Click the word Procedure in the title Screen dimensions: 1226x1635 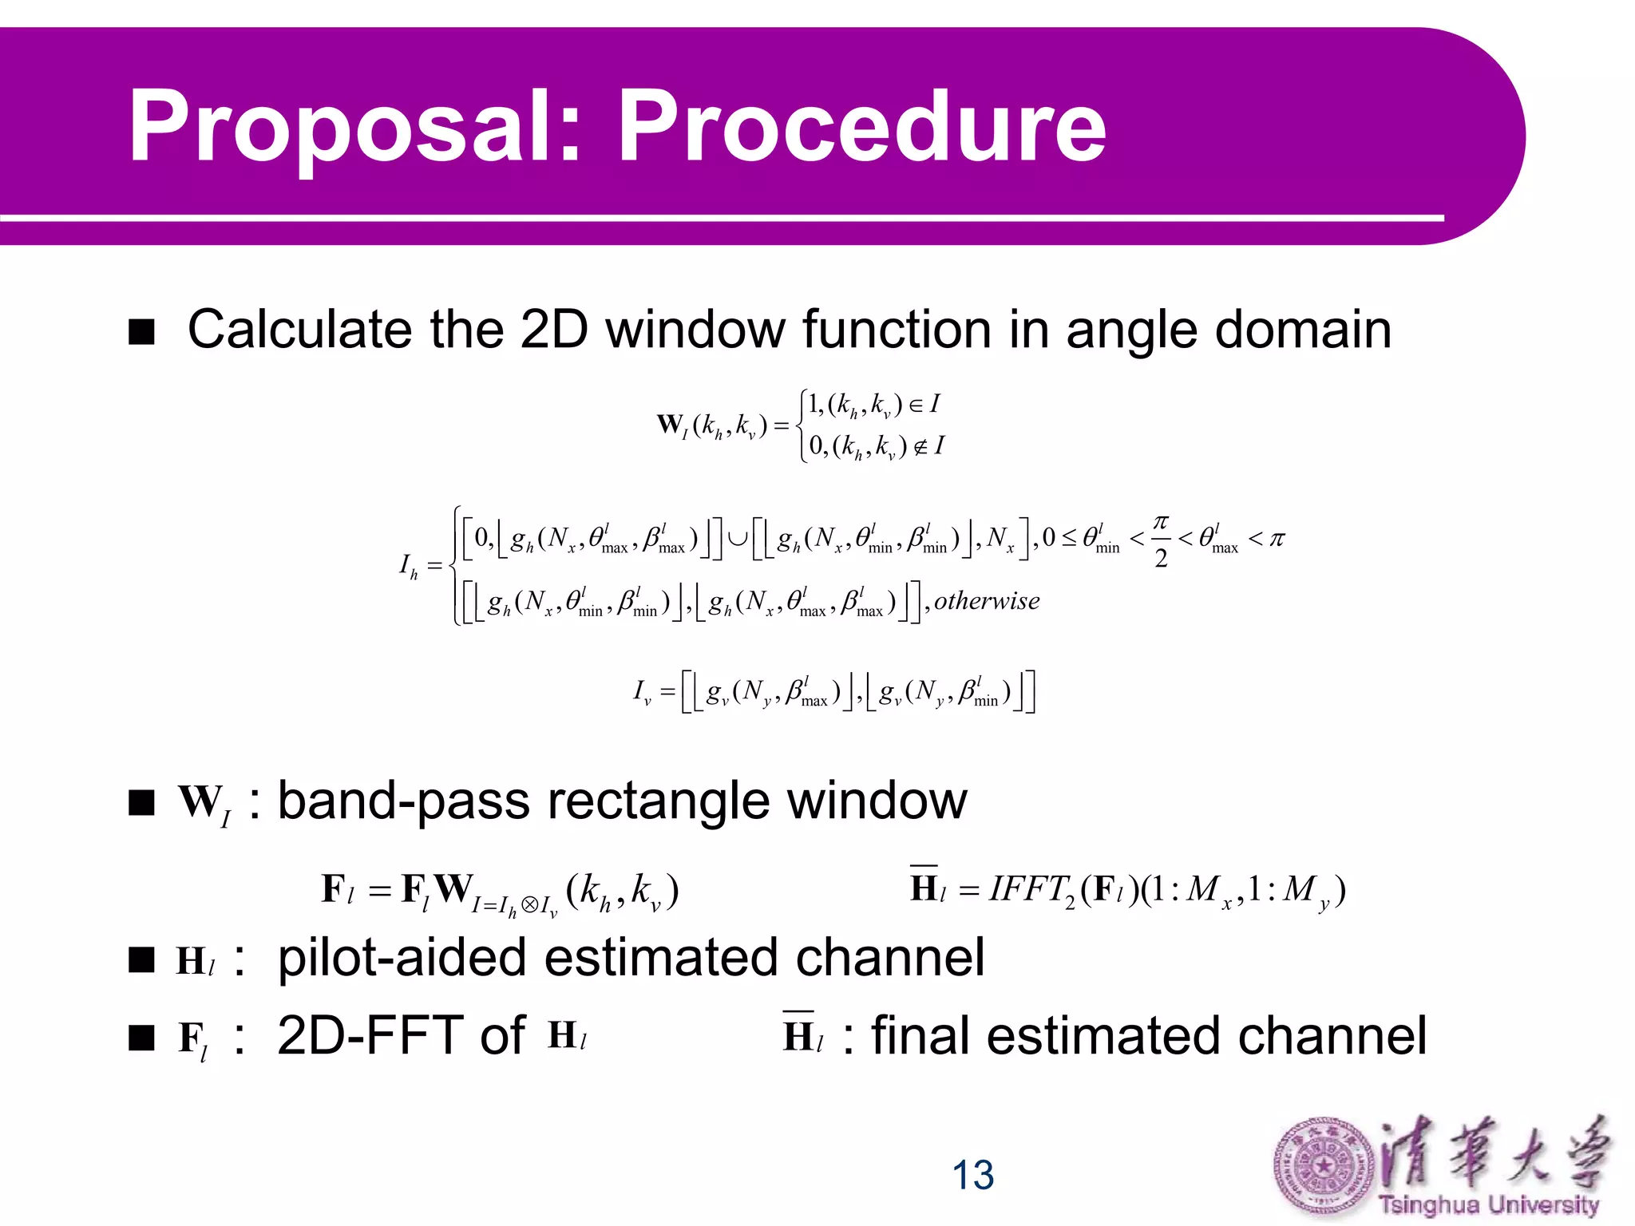click(x=862, y=126)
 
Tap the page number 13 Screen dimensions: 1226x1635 click(x=972, y=1175)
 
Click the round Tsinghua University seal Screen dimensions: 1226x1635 click(x=1324, y=1167)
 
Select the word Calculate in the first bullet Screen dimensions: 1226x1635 click(x=299, y=330)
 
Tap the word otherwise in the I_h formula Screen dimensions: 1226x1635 click(x=987, y=601)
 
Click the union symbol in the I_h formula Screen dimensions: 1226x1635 click(x=737, y=538)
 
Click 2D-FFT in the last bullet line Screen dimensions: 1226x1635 click(x=367, y=1035)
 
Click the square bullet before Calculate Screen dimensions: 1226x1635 click(x=141, y=332)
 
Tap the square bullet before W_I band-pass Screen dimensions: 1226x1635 click(x=141, y=803)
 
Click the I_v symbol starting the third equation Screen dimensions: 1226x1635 click(x=642, y=691)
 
